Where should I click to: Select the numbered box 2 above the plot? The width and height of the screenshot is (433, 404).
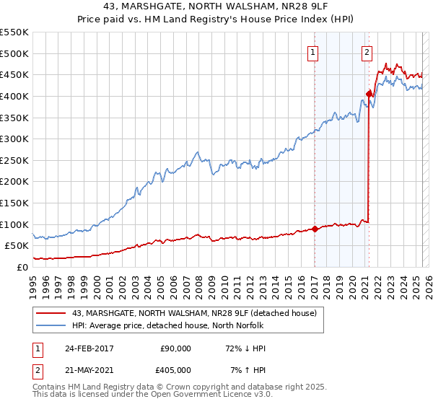click(x=367, y=51)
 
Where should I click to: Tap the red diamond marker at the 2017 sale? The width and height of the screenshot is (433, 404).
click(x=315, y=229)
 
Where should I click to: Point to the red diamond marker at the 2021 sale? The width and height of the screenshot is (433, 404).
click(x=369, y=93)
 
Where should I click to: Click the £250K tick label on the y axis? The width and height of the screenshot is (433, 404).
click(x=15, y=160)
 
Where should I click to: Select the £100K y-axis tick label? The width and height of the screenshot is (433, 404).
click(x=15, y=224)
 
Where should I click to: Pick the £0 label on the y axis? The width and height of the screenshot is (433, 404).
click(x=22, y=267)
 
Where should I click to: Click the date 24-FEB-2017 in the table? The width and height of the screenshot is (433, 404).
click(x=84, y=348)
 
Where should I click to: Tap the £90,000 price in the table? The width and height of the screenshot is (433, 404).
click(x=175, y=348)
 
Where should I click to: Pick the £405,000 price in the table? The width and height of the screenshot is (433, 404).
click(x=175, y=370)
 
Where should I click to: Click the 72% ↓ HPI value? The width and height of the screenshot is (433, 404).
click(x=245, y=348)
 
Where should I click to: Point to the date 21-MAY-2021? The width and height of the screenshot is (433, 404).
click(x=84, y=370)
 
